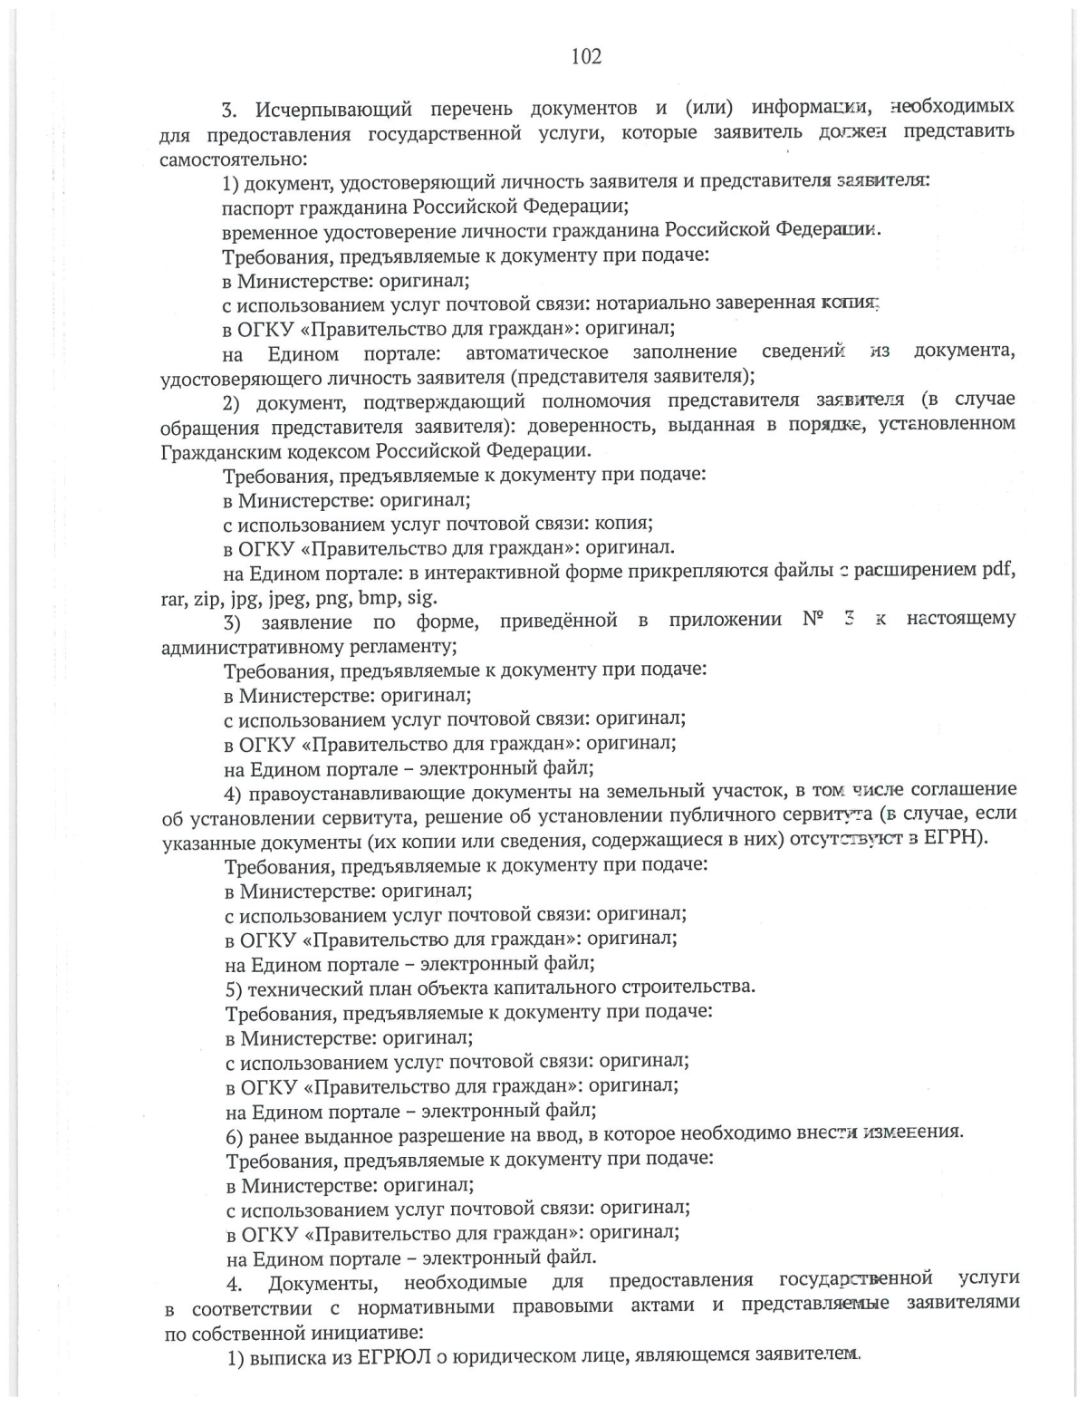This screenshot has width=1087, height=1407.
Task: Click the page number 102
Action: [x=586, y=56]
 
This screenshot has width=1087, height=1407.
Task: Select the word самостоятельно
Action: [x=234, y=159]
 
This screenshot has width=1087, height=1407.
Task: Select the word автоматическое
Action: [x=536, y=352]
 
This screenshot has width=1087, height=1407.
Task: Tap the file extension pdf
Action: [x=998, y=571]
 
